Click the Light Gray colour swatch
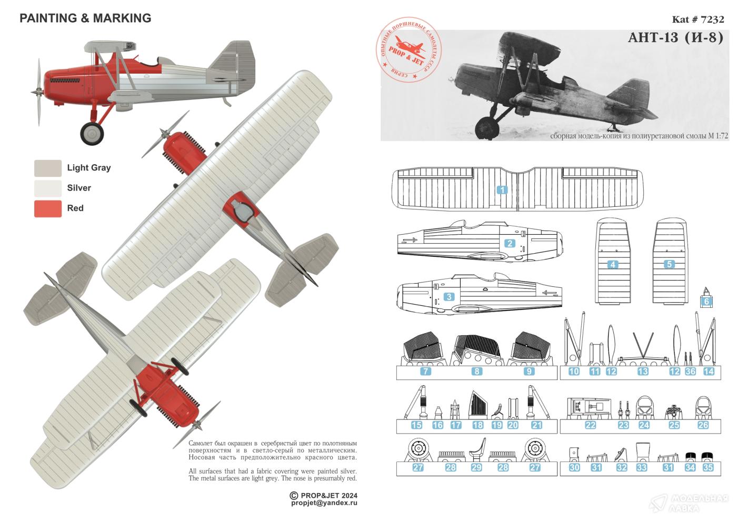48,168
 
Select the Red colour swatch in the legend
48,208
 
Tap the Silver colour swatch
48,188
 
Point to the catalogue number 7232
698,20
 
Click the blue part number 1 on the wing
503,190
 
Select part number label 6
706,302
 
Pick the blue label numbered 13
643,372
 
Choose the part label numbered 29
476,467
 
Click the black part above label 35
708,456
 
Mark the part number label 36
691,372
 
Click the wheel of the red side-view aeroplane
93,134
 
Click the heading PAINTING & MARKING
85,18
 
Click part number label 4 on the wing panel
613,265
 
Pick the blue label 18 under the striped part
478,425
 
